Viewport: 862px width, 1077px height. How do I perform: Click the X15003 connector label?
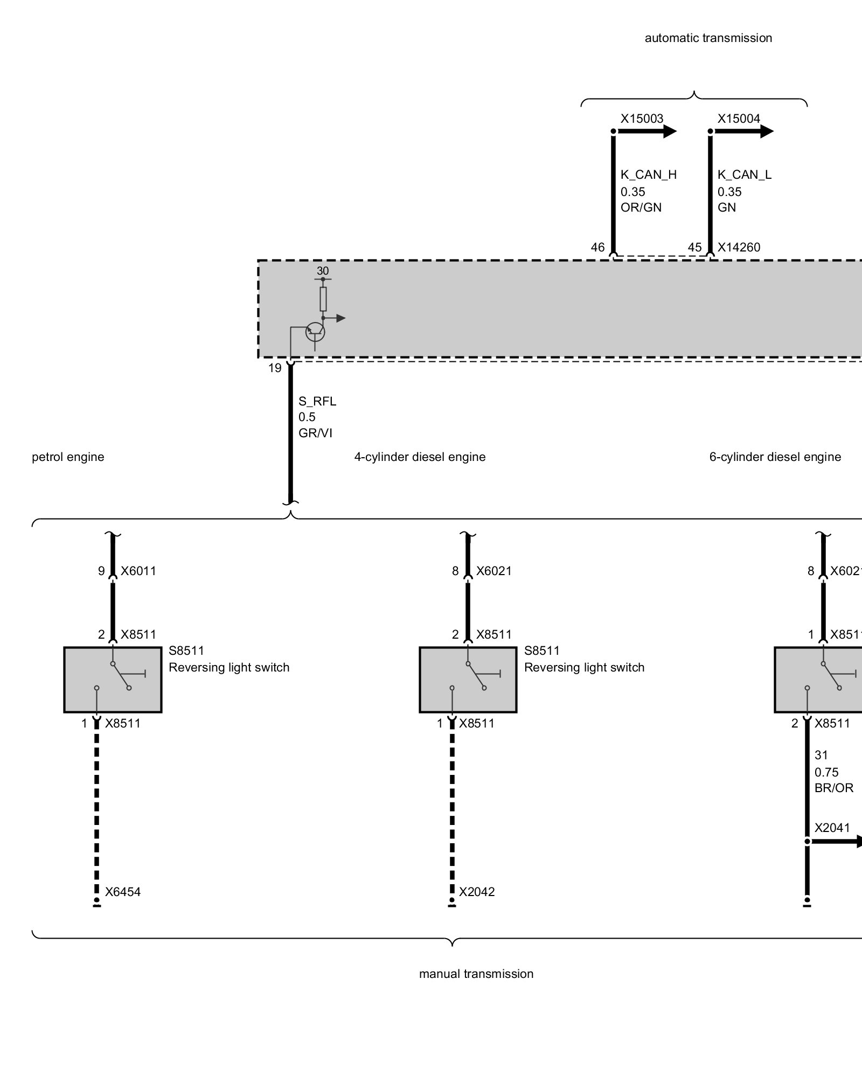tap(641, 118)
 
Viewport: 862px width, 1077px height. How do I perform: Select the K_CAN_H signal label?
tap(648, 174)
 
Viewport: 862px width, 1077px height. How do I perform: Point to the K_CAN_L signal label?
tap(744, 174)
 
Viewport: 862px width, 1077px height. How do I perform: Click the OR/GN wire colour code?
tap(641, 207)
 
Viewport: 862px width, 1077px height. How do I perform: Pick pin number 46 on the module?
tap(597, 247)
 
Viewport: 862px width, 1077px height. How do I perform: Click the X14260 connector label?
tap(739, 247)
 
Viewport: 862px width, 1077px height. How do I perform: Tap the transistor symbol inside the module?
tap(315, 332)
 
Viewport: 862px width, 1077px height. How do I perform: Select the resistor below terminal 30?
tap(323, 299)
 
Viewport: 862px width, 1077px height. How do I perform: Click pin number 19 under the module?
tap(275, 368)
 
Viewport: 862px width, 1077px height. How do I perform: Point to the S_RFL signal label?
tap(317, 401)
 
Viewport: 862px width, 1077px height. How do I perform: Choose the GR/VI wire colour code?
tap(315, 433)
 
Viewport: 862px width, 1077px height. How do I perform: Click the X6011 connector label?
tap(138, 571)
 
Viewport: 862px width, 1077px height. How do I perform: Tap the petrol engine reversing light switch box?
tap(113, 680)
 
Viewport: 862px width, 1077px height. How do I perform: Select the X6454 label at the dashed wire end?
tap(123, 892)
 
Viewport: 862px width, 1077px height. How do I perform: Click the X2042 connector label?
tap(477, 892)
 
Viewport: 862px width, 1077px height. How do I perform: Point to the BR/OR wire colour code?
tap(833, 788)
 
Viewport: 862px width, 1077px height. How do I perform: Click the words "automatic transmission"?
tap(708, 38)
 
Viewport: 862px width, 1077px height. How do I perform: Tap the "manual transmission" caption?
tap(476, 974)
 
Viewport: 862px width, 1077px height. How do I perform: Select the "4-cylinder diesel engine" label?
tap(420, 457)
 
